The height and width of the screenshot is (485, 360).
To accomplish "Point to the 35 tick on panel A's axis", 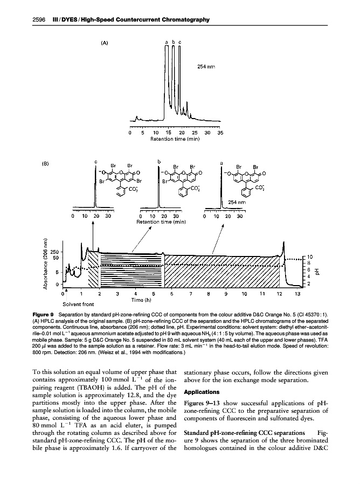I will [x=220, y=132].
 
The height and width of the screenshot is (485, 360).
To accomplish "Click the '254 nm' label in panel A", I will [x=206, y=67].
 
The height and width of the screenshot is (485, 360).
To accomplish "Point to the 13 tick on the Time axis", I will [x=297, y=294].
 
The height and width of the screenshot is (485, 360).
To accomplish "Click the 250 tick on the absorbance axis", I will [x=56, y=252].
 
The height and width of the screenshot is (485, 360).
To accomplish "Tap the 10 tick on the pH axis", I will [x=310, y=257].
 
